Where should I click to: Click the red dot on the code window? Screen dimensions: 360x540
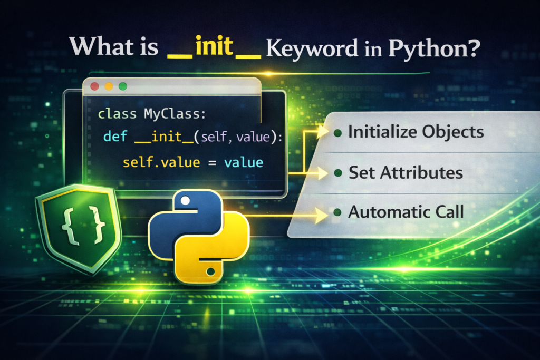tap(95, 85)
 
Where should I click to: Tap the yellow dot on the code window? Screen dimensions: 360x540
tap(109, 85)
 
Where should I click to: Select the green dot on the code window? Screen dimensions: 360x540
tap(123, 85)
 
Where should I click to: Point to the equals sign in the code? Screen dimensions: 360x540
tap(211, 162)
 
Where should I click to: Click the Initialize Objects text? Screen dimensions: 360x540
tap(416, 132)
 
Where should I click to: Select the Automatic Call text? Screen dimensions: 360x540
tap(406, 212)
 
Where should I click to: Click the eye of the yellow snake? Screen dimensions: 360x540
tap(211, 272)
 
